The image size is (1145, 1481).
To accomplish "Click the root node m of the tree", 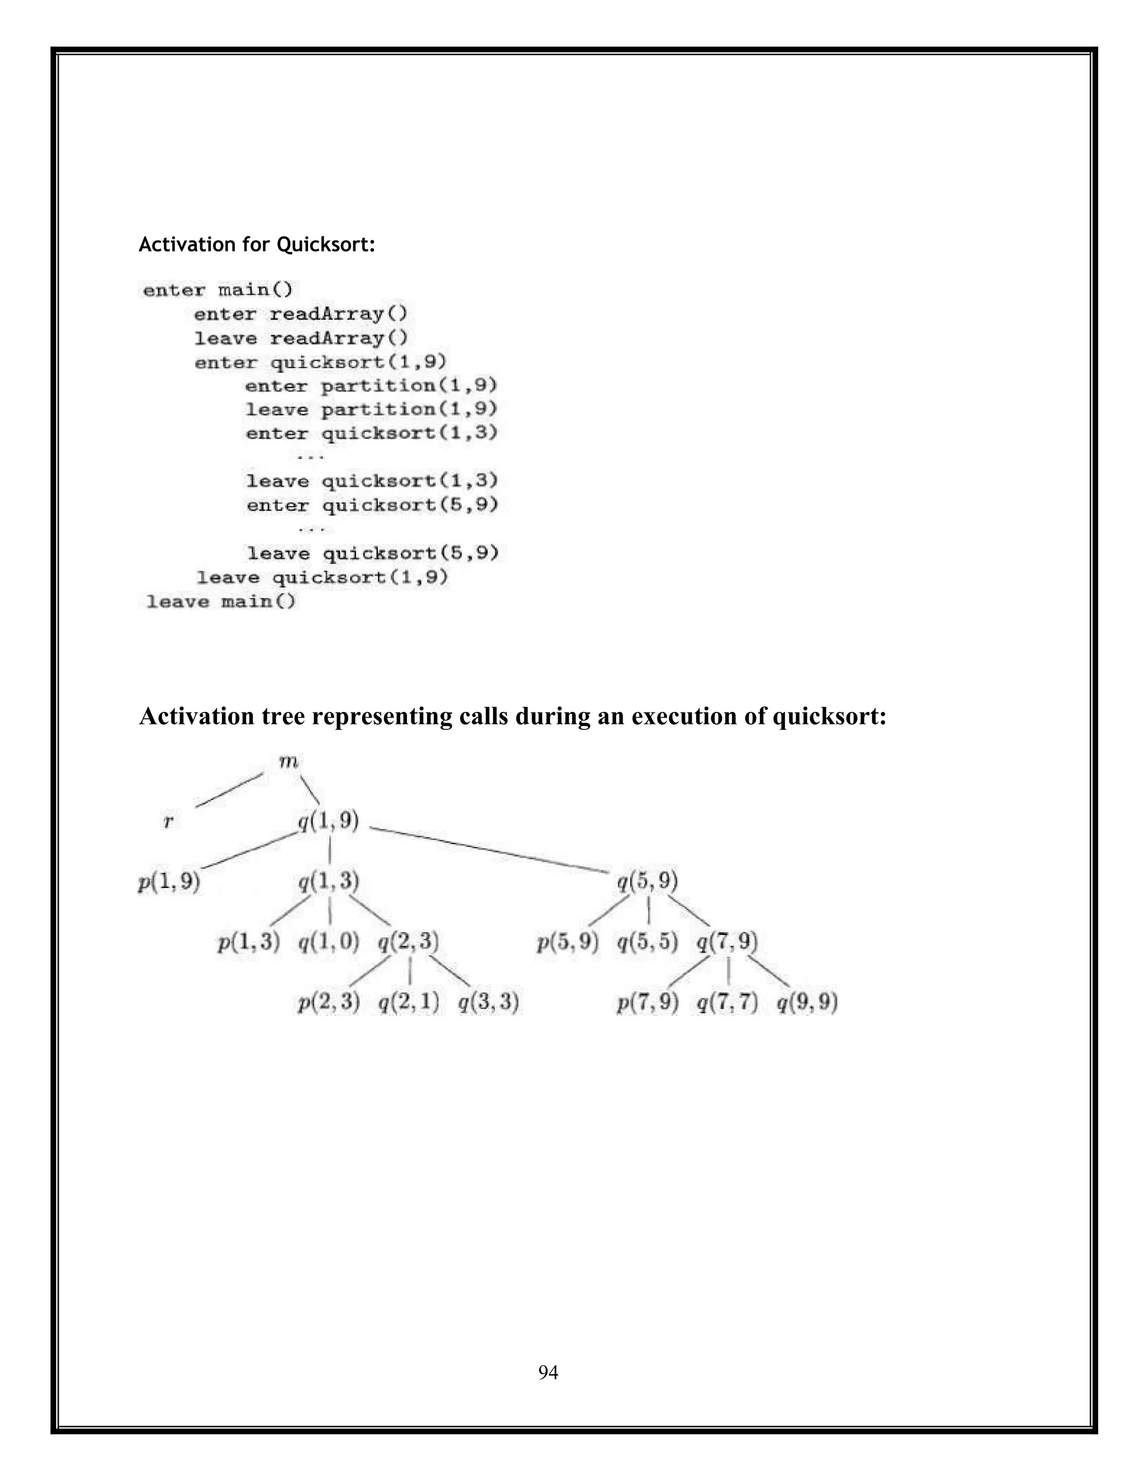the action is (288, 762).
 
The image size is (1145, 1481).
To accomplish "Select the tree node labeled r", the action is (168, 822).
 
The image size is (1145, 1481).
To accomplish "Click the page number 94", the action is (548, 1373).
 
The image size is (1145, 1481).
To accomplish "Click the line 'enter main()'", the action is (217, 290).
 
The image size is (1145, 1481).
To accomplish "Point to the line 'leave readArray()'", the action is (300, 338).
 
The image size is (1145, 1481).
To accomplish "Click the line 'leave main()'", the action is (221, 601).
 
